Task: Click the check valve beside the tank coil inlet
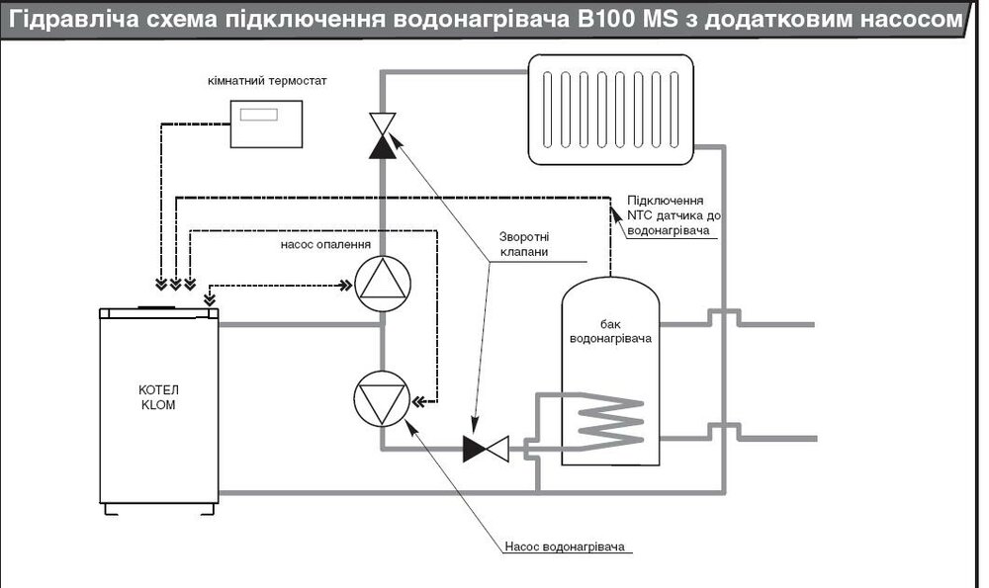pos(485,450)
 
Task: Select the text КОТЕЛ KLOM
pos(157,397)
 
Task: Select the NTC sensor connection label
pos(669,213)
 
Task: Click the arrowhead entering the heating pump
pos(346,287)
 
